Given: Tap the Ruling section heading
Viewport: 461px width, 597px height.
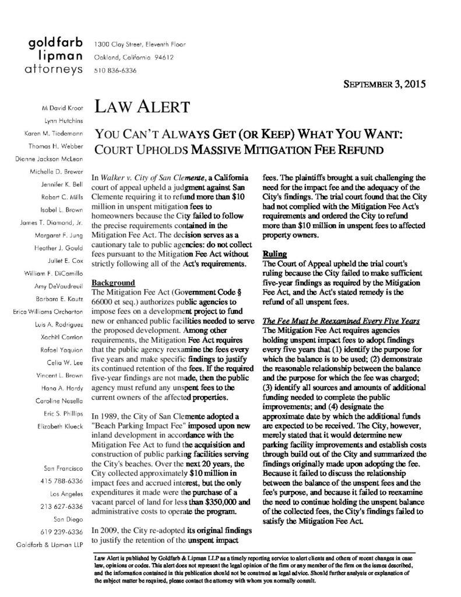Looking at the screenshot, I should [273, 254].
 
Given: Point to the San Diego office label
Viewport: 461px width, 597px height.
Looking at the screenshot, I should [68, 518].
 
